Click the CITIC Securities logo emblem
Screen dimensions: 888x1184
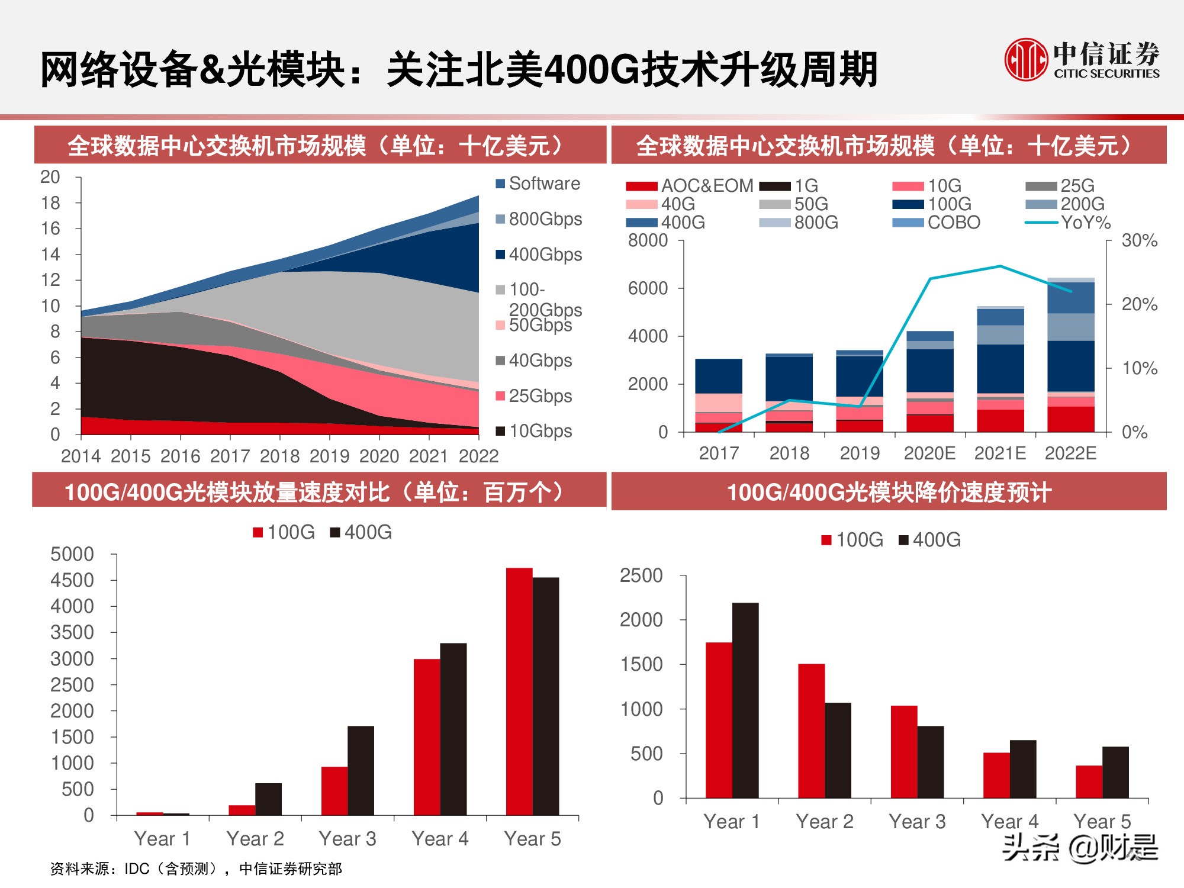pos(1026,60)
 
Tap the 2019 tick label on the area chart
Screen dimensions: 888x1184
pos(329,456)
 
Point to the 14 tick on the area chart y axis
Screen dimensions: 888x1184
pos(51,255)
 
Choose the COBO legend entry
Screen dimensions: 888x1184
pos(953,223)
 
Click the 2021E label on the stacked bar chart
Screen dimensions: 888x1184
pos(1000,453)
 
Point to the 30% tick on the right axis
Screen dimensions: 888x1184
pos(1139,241)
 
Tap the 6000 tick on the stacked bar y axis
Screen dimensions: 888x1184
pos(648,288)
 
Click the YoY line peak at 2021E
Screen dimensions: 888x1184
pos(1000,266)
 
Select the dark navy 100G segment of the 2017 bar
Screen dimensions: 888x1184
pos(719,376)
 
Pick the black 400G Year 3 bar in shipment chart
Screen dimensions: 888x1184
pos(361,770)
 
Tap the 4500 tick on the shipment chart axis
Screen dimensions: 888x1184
pos(72,580)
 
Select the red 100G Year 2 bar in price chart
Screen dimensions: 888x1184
pos(811,731)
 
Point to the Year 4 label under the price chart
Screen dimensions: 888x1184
pos(1009,822)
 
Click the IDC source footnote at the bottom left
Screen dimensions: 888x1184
pos(196,868)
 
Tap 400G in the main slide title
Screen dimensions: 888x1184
pos(591,70)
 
